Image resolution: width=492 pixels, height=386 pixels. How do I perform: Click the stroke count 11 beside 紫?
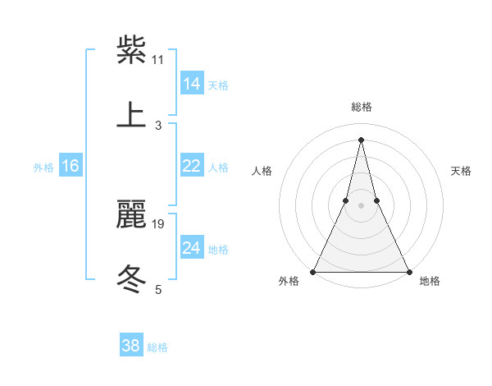158,59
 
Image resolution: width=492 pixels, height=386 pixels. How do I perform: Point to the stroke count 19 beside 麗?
158,223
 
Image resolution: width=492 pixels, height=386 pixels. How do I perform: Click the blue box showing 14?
192,83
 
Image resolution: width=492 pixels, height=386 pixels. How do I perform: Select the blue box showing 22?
192,166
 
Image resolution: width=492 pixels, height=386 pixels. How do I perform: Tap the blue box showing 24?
192,248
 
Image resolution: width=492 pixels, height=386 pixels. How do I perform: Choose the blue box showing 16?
71,166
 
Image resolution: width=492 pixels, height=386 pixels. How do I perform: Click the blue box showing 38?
131,346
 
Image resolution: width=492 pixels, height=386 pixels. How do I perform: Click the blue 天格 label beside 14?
218,85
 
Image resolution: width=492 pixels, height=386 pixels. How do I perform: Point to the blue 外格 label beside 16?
43,168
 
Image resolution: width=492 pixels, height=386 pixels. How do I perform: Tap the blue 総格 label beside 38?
157,347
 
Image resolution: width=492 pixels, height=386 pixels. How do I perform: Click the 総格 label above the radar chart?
361,107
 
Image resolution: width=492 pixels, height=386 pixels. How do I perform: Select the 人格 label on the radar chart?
262,171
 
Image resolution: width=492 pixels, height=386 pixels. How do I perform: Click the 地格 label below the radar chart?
430,282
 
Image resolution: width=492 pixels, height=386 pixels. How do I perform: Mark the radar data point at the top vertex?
361,139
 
